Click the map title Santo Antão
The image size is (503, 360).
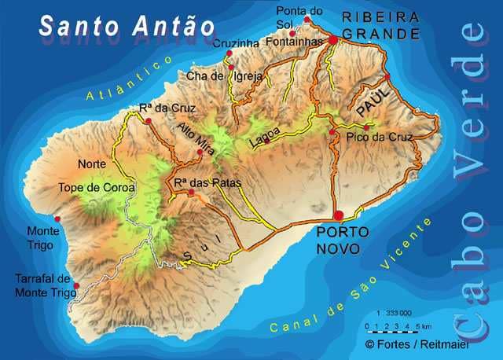tap(127, 25)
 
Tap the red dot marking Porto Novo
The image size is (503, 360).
tap(339, 215)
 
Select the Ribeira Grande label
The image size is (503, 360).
tap(380, 25)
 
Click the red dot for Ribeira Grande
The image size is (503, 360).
tap(333, 39)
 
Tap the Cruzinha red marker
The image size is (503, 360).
tap(229, 53)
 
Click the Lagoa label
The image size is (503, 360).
tap(264, 138)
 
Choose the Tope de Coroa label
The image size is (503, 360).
tap(97, 188)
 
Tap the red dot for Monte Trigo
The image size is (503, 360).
tap(56, 219)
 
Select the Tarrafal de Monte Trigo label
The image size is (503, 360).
tap(43, 286)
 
